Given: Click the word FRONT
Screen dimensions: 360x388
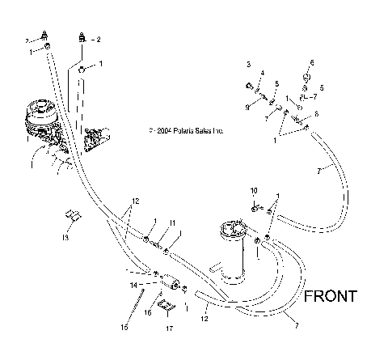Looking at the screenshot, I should tap(330, 296).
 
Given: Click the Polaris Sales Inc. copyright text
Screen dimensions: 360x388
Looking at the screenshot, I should tap(186, 129).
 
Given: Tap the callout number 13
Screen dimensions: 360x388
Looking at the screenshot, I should tap(66, 239).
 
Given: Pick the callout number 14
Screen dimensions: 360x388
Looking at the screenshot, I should tap(134, 285).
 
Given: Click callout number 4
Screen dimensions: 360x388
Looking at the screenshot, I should tap(262, 74).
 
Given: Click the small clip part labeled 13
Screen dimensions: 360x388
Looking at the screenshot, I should tap(71, 217).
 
